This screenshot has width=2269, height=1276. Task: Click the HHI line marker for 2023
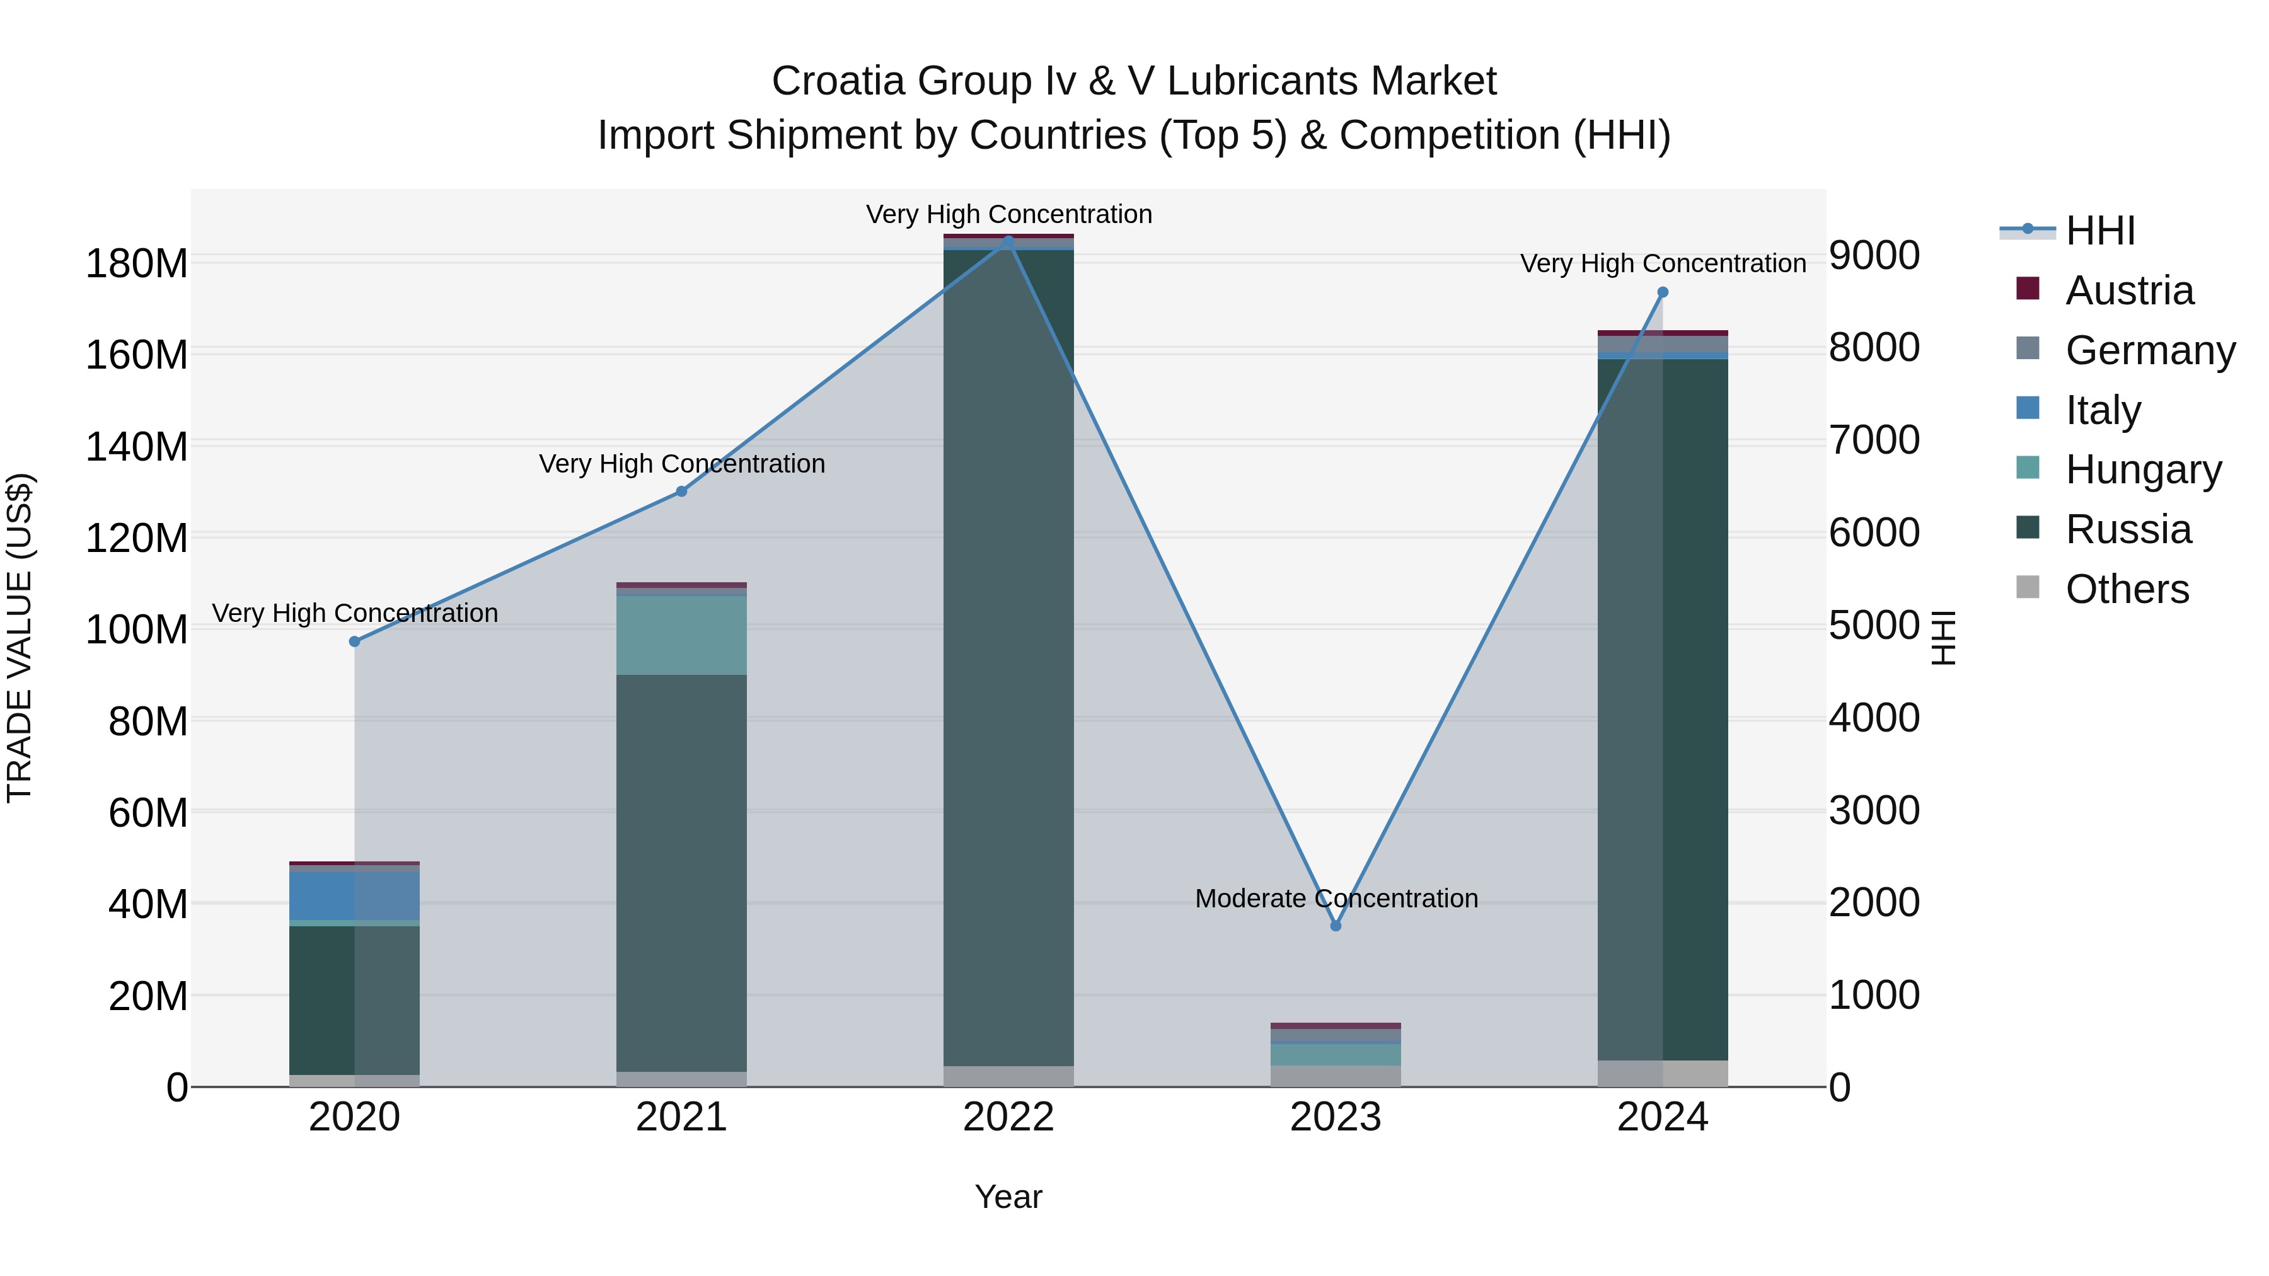point(1336,926)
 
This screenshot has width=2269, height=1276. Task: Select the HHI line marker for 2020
point(354,641)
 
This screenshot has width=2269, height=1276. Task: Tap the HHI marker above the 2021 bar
point(681,491)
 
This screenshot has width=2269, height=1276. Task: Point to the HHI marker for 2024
point(1662,292)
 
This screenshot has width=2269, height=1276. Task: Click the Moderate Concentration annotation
point(1336,898)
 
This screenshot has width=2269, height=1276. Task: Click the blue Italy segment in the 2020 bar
point(354,895)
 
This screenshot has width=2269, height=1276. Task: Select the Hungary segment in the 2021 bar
point(681,635)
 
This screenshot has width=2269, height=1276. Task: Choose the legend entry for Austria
point(2128,290)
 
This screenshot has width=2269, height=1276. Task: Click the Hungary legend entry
point(2142,469)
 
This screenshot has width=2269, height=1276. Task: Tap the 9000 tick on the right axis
point(1874,255)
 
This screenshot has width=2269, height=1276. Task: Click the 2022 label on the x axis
point(1008,1117)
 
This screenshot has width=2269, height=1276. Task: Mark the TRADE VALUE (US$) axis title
point(20,638)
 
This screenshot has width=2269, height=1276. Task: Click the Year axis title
point(1008,1197)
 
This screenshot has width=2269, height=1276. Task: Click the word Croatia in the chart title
point(838,81)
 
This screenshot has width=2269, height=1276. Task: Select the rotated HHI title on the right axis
point(1943,638)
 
